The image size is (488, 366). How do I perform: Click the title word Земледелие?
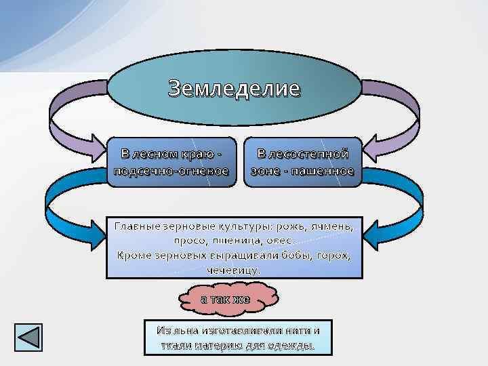[x=234, y=88]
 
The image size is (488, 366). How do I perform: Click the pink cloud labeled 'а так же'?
[x=226, y=299]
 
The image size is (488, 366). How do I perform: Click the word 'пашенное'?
[x=324, y=171]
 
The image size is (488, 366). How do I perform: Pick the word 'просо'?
[x=189, y=241]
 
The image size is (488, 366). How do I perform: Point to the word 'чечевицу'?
[x=235, y=270]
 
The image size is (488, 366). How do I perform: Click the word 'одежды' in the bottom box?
[x=292, y=346]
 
